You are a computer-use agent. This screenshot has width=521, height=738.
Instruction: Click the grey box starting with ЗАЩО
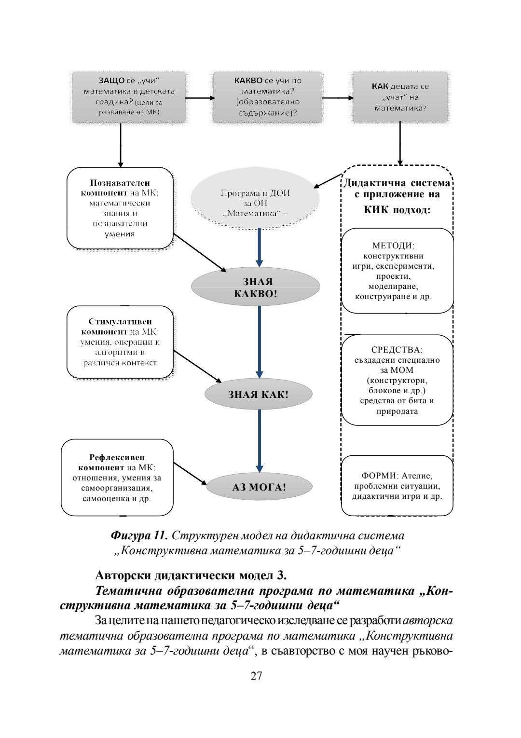point(129,97)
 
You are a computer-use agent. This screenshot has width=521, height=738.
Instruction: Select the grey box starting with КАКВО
point(268,97)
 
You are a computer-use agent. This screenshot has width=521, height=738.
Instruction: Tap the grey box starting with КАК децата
point(400,97)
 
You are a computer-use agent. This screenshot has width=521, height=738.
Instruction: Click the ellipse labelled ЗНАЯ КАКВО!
point(256,287)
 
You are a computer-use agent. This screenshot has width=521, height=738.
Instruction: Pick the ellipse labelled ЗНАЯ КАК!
point(258,394)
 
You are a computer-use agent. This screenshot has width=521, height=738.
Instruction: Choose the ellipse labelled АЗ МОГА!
point(259,487)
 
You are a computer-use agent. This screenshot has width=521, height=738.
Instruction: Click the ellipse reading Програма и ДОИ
point(255,198)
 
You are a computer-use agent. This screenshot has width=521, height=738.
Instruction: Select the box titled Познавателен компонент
point(120,208)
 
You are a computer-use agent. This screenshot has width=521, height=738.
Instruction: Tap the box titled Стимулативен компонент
point(120,342)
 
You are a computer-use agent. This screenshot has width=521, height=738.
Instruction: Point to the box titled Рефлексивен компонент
point(117,478)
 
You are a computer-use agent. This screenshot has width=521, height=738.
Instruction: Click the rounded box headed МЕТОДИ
point(397,271)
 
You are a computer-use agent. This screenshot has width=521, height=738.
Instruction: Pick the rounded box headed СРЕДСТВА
point(397,380)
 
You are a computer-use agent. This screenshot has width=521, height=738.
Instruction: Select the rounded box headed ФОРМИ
point(397,486)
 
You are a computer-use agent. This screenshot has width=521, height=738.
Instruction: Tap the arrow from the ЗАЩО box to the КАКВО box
point(199,98)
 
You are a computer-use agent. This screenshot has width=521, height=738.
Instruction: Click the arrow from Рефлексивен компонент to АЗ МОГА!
point(190,473)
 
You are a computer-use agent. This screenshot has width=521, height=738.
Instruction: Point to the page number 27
point(256,675)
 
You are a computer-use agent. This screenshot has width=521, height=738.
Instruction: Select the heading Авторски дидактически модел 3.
point(191,575)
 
